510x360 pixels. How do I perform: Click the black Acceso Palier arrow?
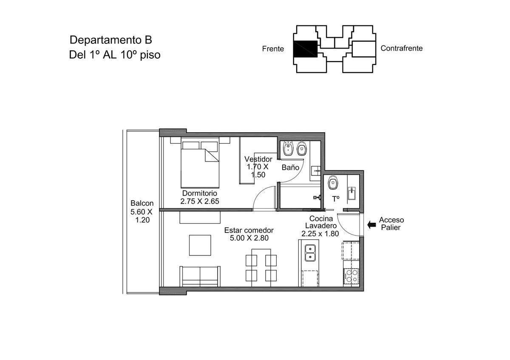(371, 225)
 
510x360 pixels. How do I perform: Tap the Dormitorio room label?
(199, 193)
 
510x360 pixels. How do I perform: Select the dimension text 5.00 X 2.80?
(249, 238)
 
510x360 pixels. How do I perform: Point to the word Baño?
(290, 167)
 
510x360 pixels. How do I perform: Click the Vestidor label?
(258, 159)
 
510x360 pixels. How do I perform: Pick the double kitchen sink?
(310, 253)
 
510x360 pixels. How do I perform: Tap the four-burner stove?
(351, 276)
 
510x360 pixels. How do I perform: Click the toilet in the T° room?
(333, 182)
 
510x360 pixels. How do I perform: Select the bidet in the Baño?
(288, 148)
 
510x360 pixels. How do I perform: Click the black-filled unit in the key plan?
(305, 49)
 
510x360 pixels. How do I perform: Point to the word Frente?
(273, 49)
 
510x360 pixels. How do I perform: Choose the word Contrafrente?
(401, 48)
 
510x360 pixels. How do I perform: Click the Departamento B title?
(110, 40)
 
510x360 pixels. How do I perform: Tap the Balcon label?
(142, 203)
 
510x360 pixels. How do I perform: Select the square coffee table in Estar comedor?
(200, 245)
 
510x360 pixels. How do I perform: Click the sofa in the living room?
(200, 276)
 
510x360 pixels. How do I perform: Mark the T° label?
(336, 199)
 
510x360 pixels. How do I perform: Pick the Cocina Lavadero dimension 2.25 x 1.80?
(320, 234)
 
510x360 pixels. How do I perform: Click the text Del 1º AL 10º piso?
(115, 55)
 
